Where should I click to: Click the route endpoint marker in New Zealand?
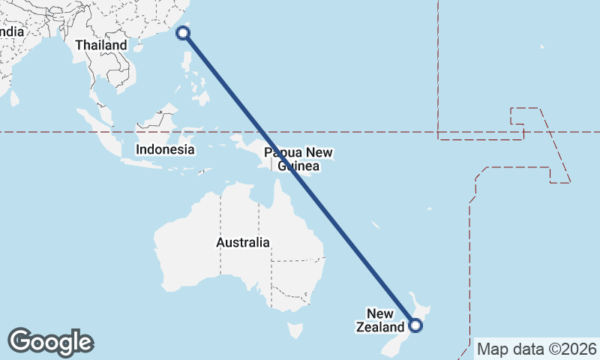click(415, 325)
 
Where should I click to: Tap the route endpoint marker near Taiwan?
click(183, 32)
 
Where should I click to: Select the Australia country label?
click(243, 242)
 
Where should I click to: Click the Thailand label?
click(101, 45)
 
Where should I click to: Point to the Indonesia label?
click(165, 149)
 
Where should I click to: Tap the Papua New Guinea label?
click(298, 159)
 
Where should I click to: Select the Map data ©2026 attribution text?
click(537, 349)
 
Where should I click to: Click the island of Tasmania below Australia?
click(295, 330)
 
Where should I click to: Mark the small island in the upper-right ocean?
click(541, 46)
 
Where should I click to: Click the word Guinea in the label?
click(298, 166)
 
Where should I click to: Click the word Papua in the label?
click(282, 153)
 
